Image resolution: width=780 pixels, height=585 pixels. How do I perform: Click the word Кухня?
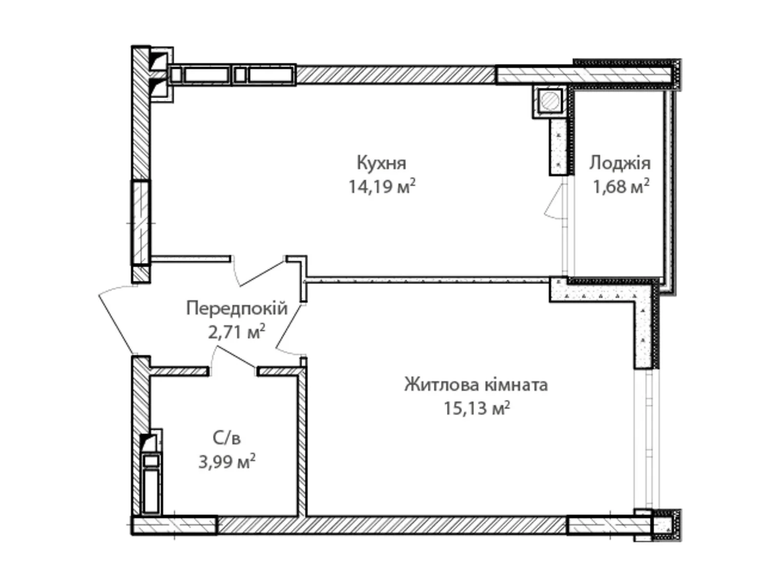[x=381, y=163]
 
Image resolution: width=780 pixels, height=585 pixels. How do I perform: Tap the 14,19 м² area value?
[x=382, y=187]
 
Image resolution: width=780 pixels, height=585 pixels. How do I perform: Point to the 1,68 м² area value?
[x=621, y=187]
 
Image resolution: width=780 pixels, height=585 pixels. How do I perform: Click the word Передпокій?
[x=237, y=309]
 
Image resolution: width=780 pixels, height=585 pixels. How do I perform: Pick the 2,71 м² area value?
[x=236, y=332]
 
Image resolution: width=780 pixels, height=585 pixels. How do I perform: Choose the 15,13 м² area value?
[x=477, y=408]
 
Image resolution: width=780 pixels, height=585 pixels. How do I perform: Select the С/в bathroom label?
[x=227, y=439]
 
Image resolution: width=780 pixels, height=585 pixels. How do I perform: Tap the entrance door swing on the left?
[x=117, y=319]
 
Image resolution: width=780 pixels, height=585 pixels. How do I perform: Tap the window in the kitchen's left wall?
[x=141, y=223]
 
